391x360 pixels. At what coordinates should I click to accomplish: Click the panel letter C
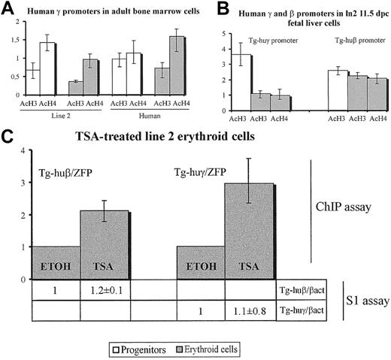[8, 137]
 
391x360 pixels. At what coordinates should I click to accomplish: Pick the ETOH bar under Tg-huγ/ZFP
[201, 262]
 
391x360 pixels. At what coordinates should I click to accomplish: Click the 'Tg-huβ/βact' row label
[300, 289]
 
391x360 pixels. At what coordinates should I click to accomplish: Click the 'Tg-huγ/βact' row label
[300, 307]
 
